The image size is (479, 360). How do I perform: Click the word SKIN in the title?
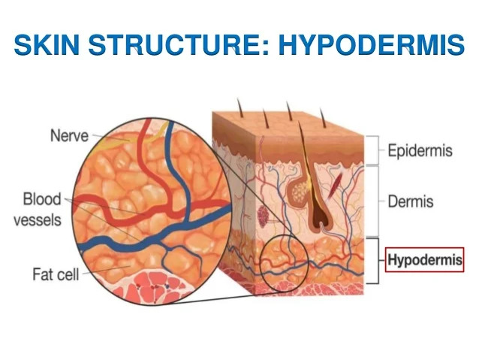point(47,45)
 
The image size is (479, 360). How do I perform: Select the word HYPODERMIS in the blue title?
point(372,45)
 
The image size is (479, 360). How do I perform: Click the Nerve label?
point(69,135)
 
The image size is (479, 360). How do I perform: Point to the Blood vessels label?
point(38,209)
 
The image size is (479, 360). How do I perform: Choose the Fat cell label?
point(56,274)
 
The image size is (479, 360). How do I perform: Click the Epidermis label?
point(420,151)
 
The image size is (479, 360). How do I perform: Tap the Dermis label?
point(411,201)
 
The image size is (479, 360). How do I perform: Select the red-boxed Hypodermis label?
point(425,260)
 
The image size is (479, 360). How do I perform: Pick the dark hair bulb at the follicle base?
point(320,218)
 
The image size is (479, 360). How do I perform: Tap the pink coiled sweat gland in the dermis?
point(263,216)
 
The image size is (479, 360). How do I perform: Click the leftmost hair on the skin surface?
point(240,107)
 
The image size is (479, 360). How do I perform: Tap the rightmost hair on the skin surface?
point(323,118)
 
